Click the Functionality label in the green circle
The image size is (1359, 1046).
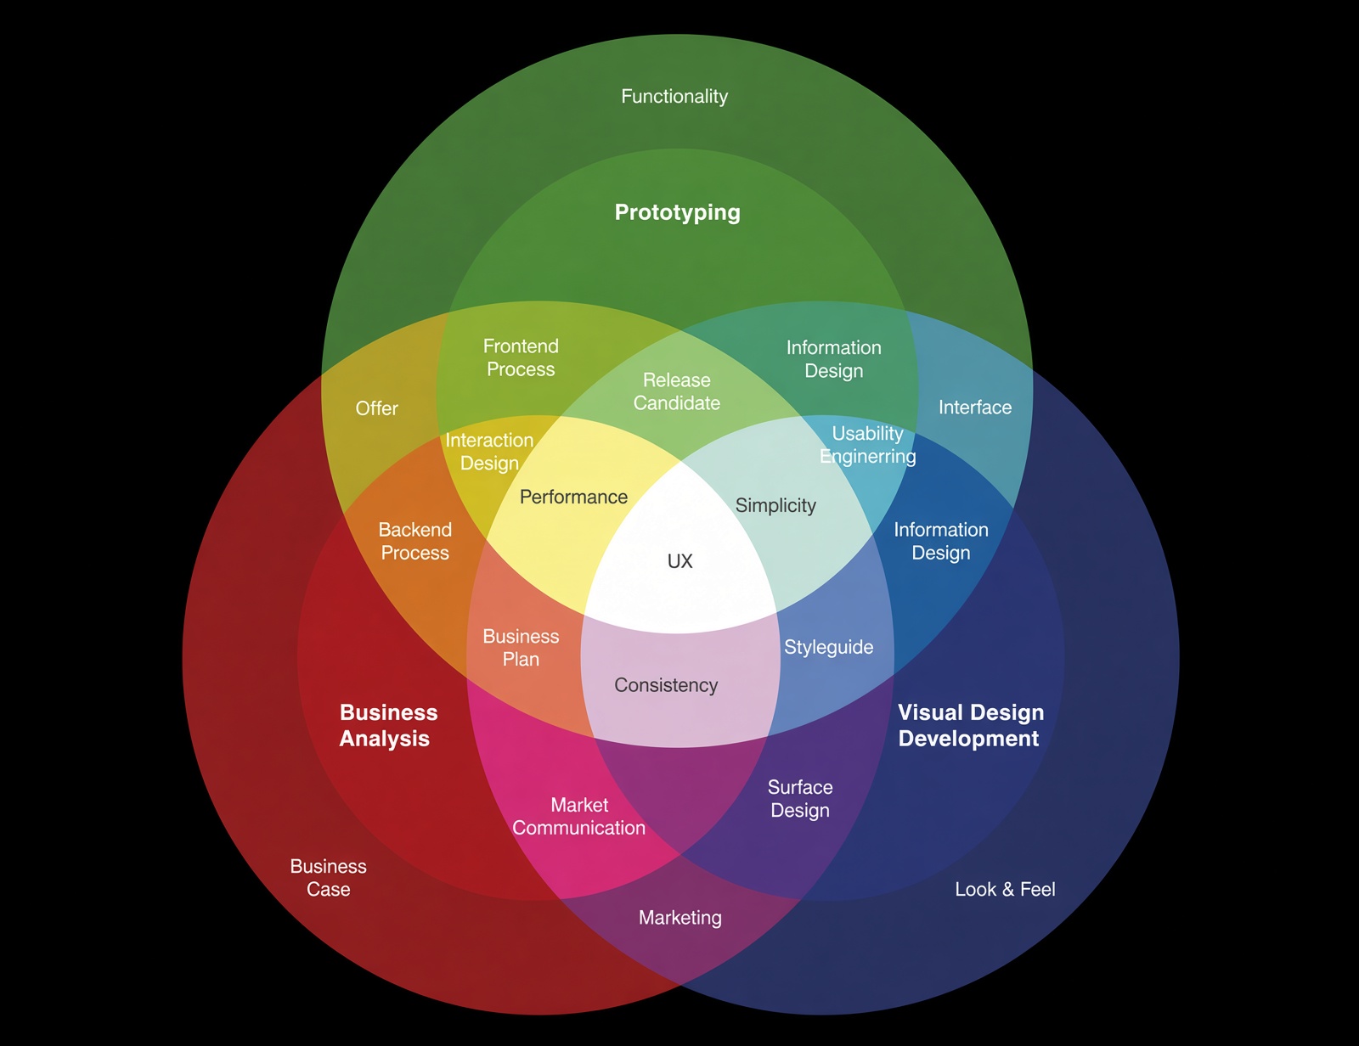coord(674,96)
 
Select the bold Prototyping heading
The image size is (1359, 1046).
coord(677,212)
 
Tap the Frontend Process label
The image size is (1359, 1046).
coord(521,357)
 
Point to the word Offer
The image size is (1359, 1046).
coord(376,408)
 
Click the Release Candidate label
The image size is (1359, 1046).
coord(677,391)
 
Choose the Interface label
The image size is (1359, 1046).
coord(975,408)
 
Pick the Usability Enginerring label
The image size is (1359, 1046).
coord(868,444)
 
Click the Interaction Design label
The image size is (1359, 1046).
coord(490,451)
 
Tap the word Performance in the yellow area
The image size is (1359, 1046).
coord(573,497)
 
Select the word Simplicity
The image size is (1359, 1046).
coord(775,505)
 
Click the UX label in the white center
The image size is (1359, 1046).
coord(679,561)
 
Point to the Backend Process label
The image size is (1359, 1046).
coord(415,541)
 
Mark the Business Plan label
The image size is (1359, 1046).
coord(521,647)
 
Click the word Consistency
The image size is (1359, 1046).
coord(666,685)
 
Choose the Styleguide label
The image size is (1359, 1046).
coord(829,647)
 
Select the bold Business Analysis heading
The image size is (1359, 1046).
coord(388,725)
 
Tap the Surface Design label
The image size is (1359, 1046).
coord(800,799)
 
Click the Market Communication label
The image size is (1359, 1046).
coord(579,816)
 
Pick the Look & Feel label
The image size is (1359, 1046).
coord(1005,889)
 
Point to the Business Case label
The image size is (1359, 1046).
coord(329,878)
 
